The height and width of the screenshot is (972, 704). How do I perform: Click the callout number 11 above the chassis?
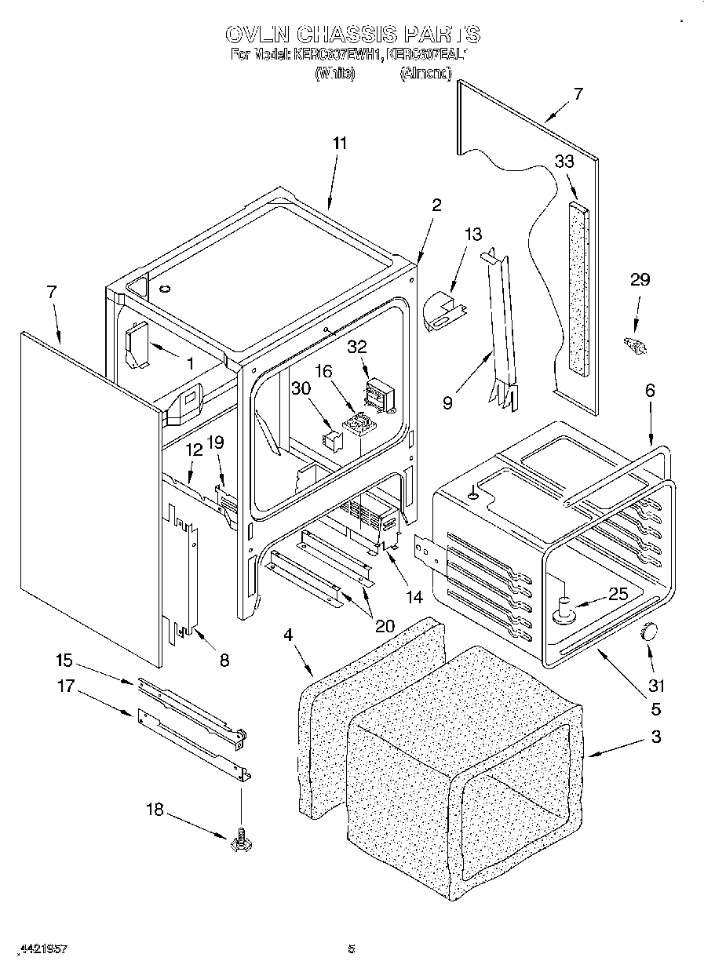coord(339,144)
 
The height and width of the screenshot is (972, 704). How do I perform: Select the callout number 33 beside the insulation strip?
coord(564,162)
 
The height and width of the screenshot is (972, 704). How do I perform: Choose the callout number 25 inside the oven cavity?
coord(618,594)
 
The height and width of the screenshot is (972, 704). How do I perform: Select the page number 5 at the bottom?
coord(352,949)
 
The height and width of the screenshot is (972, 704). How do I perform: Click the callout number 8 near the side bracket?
coord(224,661)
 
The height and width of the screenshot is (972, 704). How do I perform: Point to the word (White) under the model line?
coord(335,73)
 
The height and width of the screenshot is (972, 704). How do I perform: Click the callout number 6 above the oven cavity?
coord(649,391)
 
